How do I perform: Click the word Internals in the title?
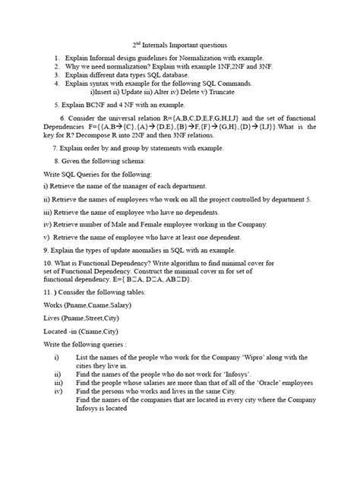166,46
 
